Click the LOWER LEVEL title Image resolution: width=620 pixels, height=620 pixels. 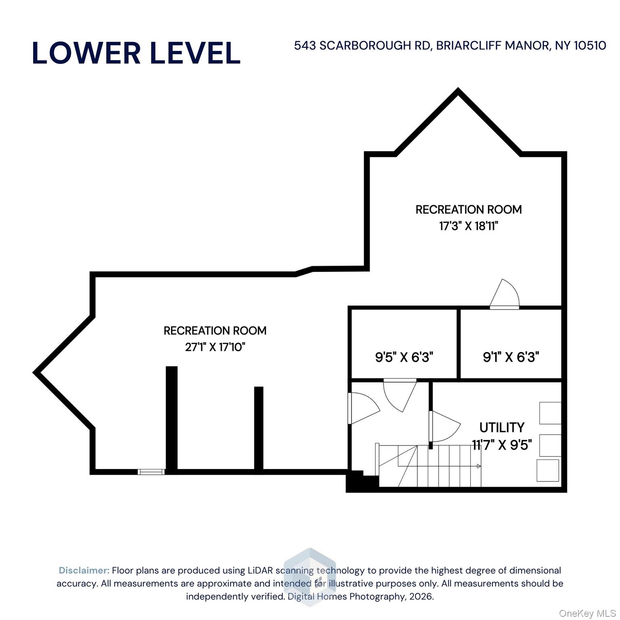tap(136, 53)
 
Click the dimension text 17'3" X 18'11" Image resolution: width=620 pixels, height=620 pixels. tap(469, 226)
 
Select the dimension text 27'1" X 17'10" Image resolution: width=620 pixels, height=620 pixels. tap(215, 347)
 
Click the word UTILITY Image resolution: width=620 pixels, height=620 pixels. tap(502, 427)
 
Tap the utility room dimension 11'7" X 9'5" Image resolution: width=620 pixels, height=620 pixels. tap(502, 445)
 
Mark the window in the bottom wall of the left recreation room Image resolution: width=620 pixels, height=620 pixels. tap(151, 472)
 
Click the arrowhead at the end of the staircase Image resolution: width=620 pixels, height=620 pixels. tap(479, 466)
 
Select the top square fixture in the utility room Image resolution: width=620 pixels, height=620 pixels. tap(550, 413)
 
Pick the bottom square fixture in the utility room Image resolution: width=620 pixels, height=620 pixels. tap(548, 470)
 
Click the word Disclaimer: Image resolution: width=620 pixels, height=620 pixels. tap(84, 570)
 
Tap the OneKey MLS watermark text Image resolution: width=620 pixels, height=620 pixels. tap(587, 614)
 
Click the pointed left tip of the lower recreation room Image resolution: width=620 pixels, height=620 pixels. tap(35, 372)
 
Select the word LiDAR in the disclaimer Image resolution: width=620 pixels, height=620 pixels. tap(260, 570)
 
